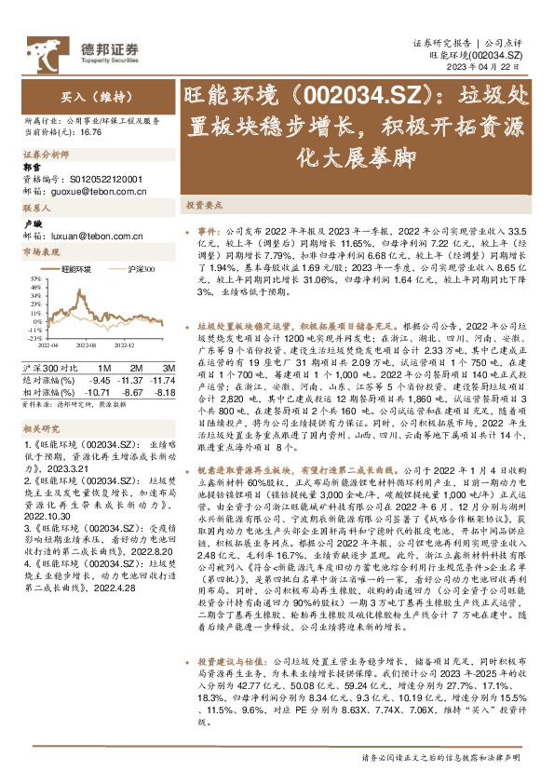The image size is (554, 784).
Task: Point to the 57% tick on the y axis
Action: [34, 277]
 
